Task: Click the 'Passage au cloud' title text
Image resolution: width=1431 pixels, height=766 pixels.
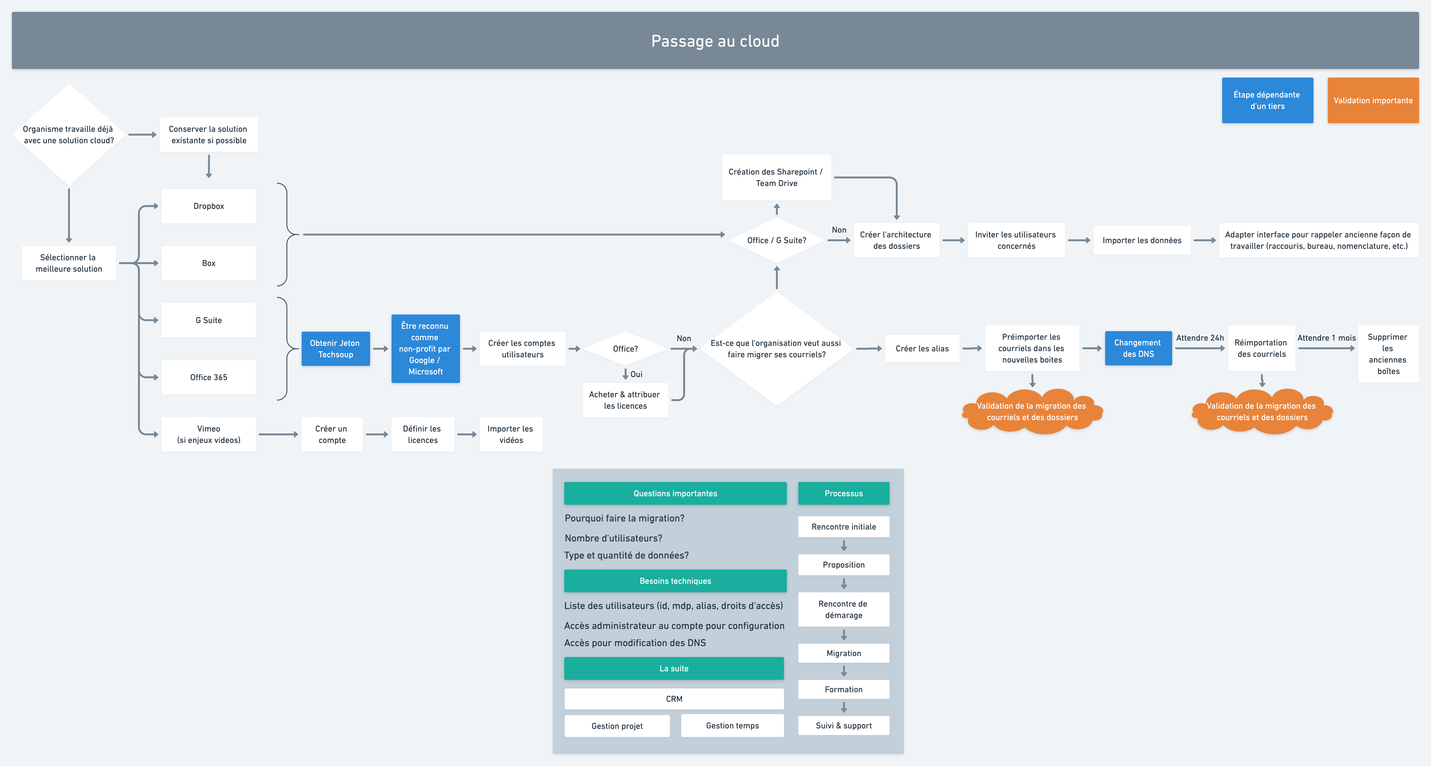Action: click(715, 41)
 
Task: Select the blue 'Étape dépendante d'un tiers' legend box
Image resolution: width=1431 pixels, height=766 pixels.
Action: click(1267, 101)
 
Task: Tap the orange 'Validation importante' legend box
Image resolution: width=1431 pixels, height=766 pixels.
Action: click(1373, 101)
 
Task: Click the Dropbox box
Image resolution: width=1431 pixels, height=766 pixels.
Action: click(209, 206)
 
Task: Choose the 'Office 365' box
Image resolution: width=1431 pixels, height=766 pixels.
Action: click(209, 377)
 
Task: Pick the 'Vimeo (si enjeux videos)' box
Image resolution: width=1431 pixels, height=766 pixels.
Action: click(209, 434)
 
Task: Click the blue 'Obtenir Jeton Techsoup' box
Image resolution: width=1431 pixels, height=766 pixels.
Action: click(336, 349)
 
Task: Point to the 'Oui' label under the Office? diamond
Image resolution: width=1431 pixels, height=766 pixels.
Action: click(636, 374)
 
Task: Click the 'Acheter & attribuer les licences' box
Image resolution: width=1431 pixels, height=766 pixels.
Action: click(625, 400)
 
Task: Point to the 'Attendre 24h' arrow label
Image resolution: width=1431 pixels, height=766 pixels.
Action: click(1200, 338)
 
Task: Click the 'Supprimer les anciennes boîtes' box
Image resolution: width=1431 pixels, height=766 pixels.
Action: click(1388, 354)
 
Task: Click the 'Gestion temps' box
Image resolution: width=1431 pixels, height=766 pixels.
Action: click(732, 726)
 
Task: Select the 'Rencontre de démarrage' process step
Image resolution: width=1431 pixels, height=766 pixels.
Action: click(843, 609)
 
